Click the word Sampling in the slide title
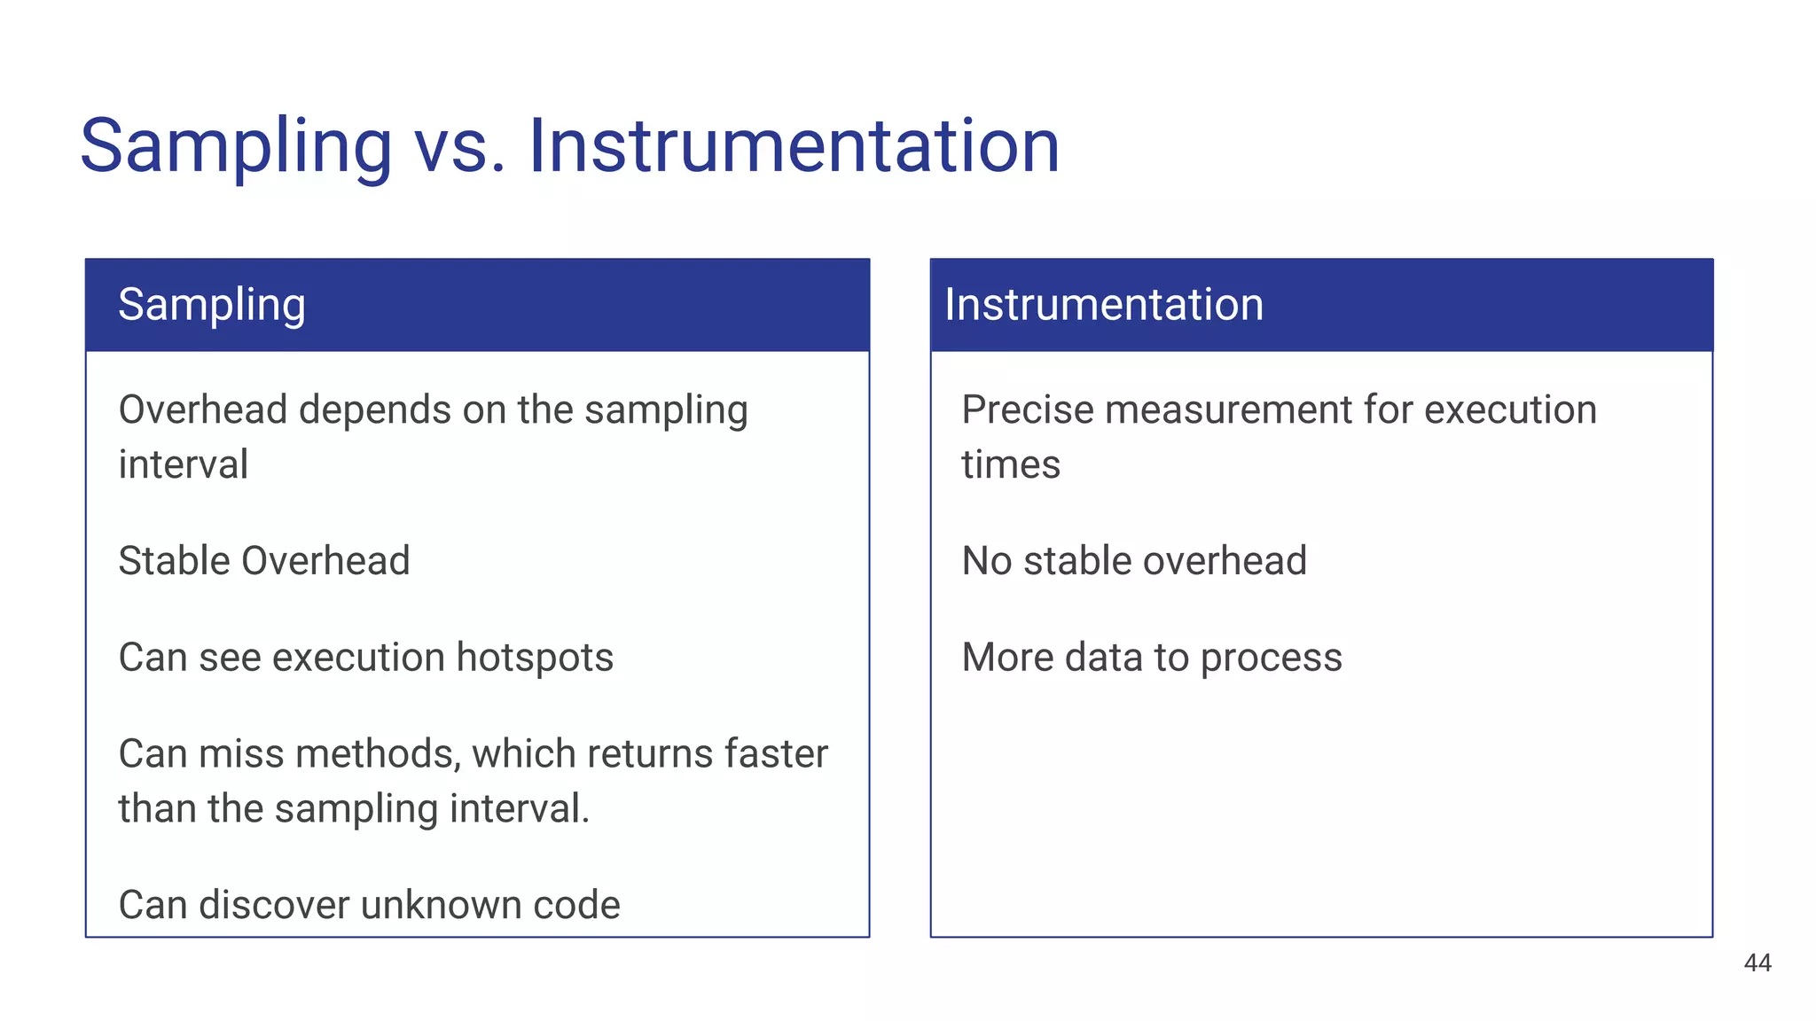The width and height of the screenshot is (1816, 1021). [236, 147]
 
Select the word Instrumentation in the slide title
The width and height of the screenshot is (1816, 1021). [794, 145]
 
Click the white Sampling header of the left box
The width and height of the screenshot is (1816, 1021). [212, 305]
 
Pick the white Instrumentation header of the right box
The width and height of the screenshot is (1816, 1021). [1104, 305]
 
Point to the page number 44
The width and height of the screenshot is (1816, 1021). [1757, 963]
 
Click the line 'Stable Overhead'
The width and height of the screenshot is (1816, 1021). [264, 561]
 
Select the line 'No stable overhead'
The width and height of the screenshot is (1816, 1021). [1134, 561]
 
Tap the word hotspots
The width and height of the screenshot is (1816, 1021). [535, 658]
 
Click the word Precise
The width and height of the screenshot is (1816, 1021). [1028, 410]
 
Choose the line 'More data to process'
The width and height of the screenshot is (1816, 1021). [1152, 658]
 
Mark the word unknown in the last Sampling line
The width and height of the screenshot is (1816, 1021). [440, 905]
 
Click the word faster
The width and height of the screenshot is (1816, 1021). [776, 754]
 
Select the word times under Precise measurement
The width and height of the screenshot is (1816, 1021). [1011, 465]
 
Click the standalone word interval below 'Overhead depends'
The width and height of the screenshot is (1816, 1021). [184, 465]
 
